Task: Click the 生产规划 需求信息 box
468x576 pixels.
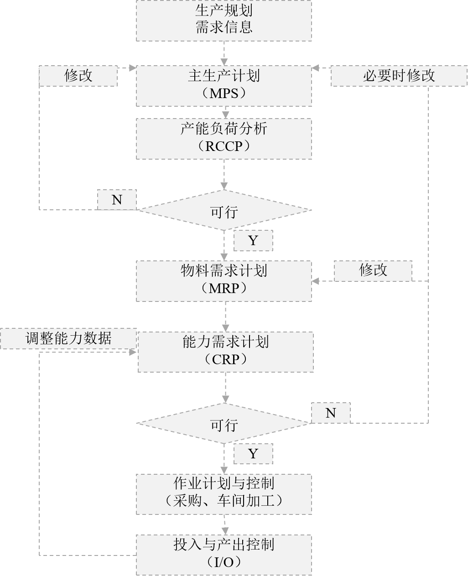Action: click(x=224, y=21)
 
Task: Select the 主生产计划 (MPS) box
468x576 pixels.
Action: click(x=224, y=86)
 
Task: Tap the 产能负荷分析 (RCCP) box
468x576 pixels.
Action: click(x=224, y=139)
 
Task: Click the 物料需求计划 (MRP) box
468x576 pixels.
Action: click(x=224, y=281)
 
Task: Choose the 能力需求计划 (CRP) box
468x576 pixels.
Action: click(x=226, y=352)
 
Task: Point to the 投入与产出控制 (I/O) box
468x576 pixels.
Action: click(x=224, y=555)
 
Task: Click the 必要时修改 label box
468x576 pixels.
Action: click(x=399, y=76)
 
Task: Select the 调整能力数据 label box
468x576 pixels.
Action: click(x=68, y=338)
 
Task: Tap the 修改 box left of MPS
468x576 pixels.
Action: click(x=78, y=76)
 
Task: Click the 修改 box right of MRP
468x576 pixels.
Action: click(x=373, y=271)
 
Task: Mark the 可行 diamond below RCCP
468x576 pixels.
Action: click(x=224, y=210)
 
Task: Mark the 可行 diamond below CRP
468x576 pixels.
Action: click(x=224, y=423)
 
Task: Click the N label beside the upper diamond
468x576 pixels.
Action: click(x=117, y=200)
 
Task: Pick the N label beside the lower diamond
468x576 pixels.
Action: click(x=331, y=413)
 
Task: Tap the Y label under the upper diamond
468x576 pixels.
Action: click(x=253, y=241)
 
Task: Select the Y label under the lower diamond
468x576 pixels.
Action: click(x=253, y=454)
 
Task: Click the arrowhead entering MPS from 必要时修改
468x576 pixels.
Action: click(x=315, y=68)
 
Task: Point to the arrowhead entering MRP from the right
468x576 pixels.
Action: click(x=315, y=281)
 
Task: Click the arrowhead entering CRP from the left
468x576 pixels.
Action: click(x=133, y=352)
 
